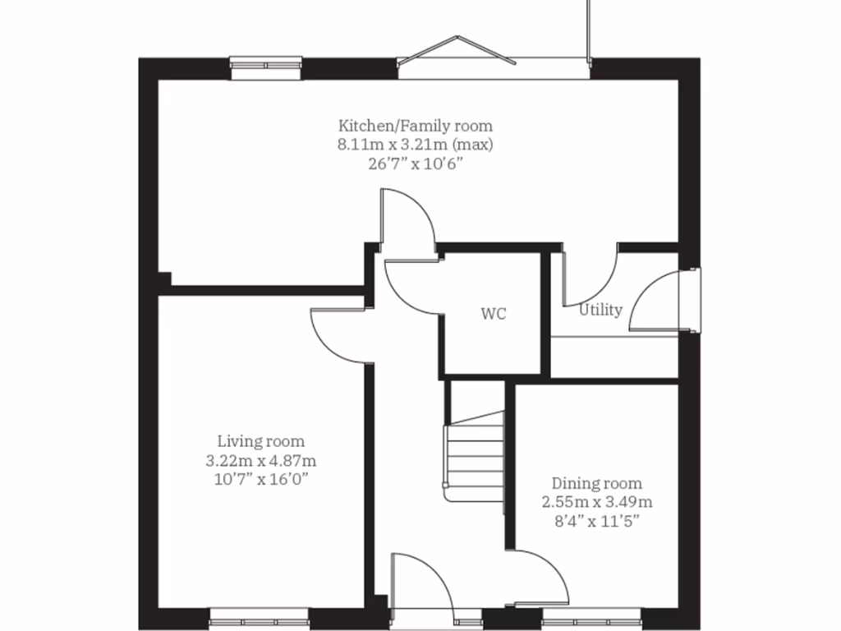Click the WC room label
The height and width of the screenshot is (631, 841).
[493, 314]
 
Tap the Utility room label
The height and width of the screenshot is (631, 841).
[600, 310]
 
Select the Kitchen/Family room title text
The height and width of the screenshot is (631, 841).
[416, 126]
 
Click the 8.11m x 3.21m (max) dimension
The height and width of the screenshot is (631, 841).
[416, 145]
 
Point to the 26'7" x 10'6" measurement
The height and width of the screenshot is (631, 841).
[416, 163]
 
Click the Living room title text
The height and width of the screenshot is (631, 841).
[261, 441]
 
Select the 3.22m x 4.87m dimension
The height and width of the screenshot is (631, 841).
[261, 460]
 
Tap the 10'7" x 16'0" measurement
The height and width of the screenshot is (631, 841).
[261, 479]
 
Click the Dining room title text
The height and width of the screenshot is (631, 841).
[597, 483]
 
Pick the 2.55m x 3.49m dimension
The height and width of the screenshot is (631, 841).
[597, 501]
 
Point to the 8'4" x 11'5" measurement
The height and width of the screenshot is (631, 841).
[597, 520]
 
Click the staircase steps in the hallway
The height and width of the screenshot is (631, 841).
[474, 456]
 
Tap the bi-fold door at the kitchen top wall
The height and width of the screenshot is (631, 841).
[493, 58]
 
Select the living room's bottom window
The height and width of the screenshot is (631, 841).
[259, 614]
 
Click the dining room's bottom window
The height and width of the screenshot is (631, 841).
[591, 614]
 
